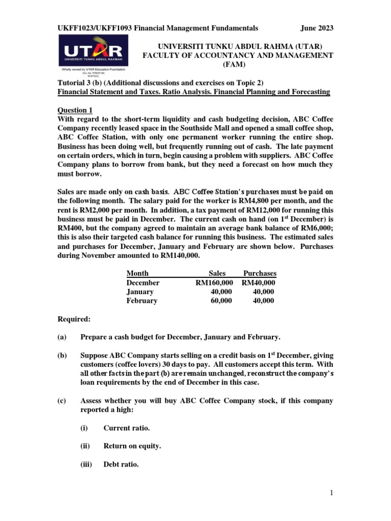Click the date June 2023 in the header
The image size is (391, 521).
click(x=316, y=28)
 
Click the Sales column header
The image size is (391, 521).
click(x=217, y=273)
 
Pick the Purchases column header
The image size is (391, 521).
click(x=260, y=273)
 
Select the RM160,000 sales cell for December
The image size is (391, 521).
click(x=214, y=282)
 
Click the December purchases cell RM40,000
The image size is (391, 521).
click(x=259, y=282)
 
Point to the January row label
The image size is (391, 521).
click(x=140, y=292)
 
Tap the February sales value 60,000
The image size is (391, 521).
click(x=221, y=301)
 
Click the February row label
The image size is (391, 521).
click(x=142, y=301)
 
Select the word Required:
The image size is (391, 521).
click(x=73, y=319)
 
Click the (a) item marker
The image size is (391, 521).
click(x=62, y=337)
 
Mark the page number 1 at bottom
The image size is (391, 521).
click(x=331, y=493)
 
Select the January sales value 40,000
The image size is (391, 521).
click(x=221, y=292)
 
